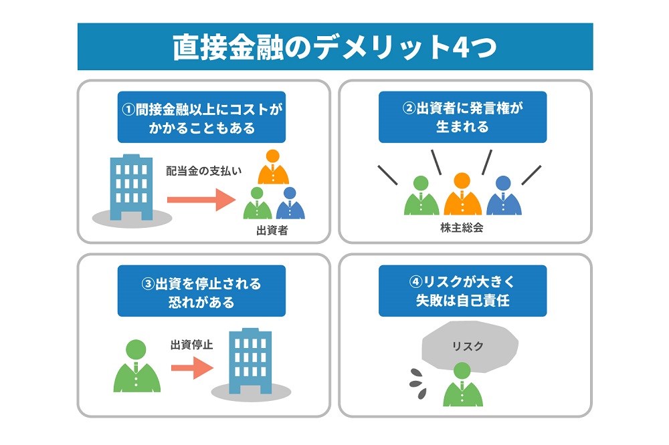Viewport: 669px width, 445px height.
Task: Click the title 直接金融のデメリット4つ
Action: click(335, 47)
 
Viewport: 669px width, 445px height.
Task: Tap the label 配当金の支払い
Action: click(203, 171)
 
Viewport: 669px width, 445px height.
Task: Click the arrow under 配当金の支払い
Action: click(201, 200)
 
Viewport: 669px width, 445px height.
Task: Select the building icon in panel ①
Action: click(131, 187)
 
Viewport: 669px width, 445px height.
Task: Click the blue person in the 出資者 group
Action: click(290, 203)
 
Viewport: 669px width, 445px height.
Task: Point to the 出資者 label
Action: click(272, 231)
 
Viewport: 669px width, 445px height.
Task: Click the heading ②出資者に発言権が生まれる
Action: click(462, 117)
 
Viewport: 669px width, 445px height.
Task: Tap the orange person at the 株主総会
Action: click(462, 194)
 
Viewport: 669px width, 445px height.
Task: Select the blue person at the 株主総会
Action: click(504, 195)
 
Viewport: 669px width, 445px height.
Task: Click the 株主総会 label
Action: click(462, 228)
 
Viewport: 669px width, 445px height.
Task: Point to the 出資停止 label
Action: click(191, 344)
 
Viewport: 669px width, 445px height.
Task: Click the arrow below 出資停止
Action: click(193, 367)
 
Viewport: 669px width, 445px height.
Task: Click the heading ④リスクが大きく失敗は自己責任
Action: click(462, 291)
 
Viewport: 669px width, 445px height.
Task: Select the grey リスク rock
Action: click(470, 345)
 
